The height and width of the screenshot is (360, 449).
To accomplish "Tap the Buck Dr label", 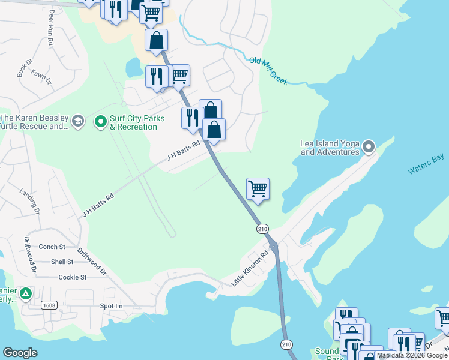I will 22,71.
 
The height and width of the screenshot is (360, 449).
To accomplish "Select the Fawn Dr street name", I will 41,77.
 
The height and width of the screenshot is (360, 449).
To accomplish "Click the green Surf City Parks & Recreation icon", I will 100,122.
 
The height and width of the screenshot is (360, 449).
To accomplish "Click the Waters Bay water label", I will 426,164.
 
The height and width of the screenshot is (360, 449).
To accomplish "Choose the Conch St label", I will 52,247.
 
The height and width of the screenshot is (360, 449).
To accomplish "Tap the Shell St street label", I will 62,262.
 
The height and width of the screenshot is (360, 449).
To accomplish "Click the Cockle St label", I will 73,277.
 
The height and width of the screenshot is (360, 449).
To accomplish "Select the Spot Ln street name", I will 110,306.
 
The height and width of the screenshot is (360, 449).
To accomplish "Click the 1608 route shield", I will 49,306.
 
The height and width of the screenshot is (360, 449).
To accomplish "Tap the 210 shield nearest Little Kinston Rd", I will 262,229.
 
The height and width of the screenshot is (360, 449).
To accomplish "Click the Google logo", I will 20,353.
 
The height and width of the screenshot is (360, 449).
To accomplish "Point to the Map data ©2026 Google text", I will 412,355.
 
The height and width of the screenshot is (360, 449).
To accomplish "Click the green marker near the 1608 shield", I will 25,293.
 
